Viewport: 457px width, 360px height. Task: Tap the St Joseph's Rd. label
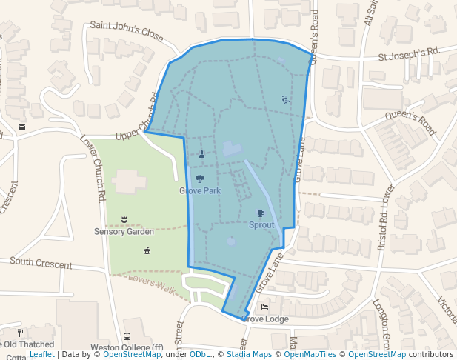pos(409,53)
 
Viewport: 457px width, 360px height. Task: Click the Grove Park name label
pos(200,190)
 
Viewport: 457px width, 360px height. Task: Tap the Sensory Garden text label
pos(124,231)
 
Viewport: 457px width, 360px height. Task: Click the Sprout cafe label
pos(261,225)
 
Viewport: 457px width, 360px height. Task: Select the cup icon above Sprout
pos(261,214)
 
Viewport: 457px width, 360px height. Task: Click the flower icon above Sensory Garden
pos(124,219)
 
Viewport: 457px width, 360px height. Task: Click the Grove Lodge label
pos(265,319)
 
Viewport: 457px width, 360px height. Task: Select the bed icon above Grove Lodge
pos(265,307)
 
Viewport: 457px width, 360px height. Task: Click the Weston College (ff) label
pos(127,347)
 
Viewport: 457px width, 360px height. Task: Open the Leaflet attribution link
pos(42,355)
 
